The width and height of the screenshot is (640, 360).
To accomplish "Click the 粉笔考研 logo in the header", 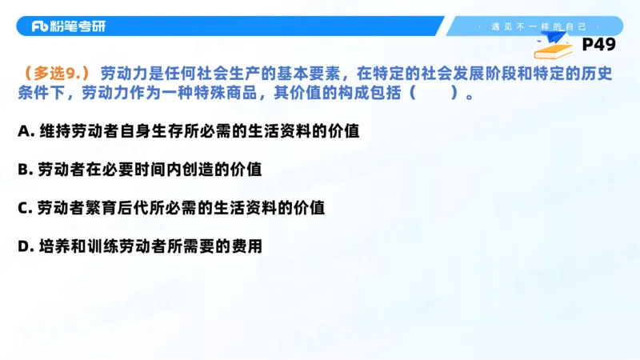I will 68,26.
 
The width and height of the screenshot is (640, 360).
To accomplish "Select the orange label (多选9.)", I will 55,73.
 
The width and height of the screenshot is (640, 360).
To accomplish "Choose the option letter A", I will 23,131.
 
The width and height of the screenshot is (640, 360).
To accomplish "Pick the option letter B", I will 23,170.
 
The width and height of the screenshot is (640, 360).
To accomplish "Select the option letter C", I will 23,208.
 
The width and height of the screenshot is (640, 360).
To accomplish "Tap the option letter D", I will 23,246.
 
